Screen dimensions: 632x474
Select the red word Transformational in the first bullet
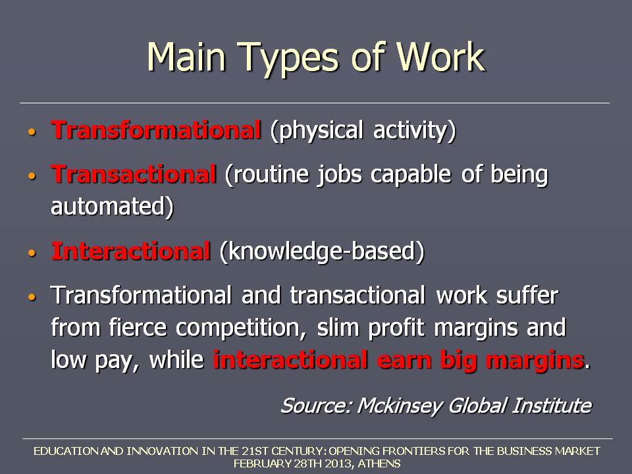point(157,130)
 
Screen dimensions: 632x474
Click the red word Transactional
point(134,174)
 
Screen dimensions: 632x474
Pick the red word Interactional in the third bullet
point(131,251)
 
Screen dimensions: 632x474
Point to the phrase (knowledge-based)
point(322,251)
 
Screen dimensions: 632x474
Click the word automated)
point(113,206)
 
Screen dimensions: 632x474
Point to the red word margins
point(535,361)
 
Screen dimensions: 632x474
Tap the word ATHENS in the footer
point(379,463)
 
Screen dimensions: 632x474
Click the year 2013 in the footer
point(339,463)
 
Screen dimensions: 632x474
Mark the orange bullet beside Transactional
point(32,176)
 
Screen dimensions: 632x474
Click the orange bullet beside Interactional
point(32,253)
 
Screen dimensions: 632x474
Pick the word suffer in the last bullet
point(527,295)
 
